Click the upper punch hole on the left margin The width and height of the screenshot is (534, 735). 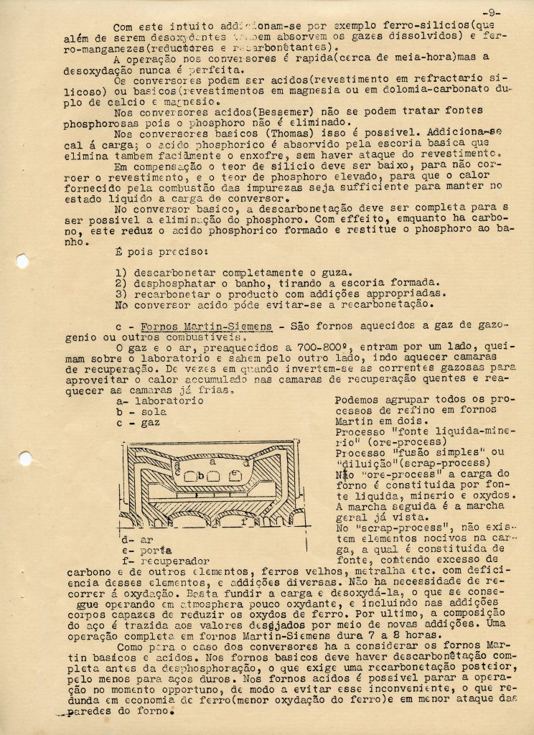click(22, 261)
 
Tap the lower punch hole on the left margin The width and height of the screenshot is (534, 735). click(25, 458)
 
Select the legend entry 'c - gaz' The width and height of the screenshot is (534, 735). click(142, 423)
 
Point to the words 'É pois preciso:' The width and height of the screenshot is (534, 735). click(161, 253)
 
